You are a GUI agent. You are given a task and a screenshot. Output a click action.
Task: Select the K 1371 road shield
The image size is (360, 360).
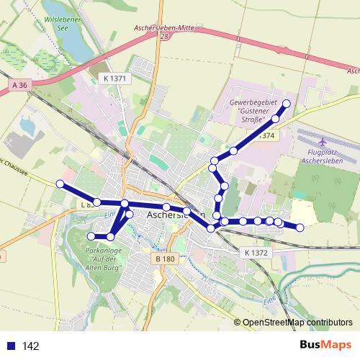click(x=114, y=78)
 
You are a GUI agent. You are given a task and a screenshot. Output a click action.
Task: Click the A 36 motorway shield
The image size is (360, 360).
click(x=19, y=85)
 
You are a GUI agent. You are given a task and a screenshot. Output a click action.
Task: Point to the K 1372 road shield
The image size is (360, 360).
click(x=256, y=253)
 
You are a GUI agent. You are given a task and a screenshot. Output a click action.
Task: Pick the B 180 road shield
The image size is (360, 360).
click(x=165, y=258)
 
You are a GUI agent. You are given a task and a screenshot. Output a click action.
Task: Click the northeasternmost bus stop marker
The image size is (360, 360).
click(x=286, y=104)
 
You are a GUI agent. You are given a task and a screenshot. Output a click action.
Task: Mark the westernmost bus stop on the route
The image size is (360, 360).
click(x=60, y=184)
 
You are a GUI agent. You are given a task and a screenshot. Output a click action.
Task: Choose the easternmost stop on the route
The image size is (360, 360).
click(x=300, y=228)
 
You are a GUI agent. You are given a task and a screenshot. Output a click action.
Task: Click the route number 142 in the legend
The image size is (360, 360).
click(x=31, y=346)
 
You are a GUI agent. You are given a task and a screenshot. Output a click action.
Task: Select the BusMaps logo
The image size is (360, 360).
click(x=325, y=345)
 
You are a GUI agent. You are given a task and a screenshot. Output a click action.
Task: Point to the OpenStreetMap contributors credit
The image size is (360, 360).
click(x=297, y=323)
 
